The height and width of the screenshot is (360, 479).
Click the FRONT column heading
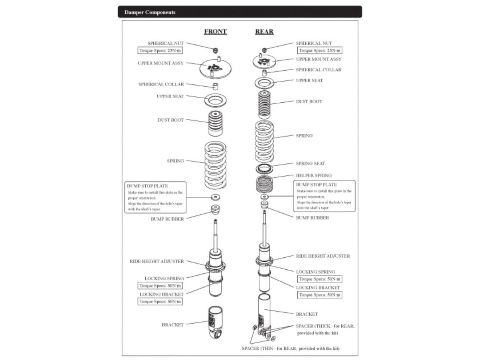(215, 32)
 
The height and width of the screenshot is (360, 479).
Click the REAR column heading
(264, 32)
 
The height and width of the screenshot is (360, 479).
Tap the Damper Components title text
(150, 12)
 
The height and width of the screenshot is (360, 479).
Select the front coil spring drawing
(215, 165)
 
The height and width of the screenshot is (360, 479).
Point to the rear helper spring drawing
(264, 185)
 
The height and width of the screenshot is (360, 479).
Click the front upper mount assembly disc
(216, 69)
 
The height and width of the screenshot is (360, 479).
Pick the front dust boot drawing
(216, 123)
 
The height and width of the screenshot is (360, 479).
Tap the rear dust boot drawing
(264, 104)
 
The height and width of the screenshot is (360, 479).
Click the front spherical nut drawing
(216, 49)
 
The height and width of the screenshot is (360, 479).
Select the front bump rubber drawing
(216, 209)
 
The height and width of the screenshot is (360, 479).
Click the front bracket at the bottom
(216, 322)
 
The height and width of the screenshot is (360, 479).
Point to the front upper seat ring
(216, 100)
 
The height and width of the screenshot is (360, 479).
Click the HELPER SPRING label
(313, 175)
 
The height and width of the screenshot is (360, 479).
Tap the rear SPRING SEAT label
(310, 163)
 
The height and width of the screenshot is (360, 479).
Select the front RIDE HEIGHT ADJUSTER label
(157, 261)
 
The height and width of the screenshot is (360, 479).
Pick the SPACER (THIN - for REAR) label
(291, 348)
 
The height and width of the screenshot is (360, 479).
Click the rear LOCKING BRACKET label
(318, 287)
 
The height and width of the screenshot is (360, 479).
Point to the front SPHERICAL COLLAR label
(161, 84)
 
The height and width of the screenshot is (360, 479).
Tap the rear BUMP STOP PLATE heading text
(316, 185)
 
